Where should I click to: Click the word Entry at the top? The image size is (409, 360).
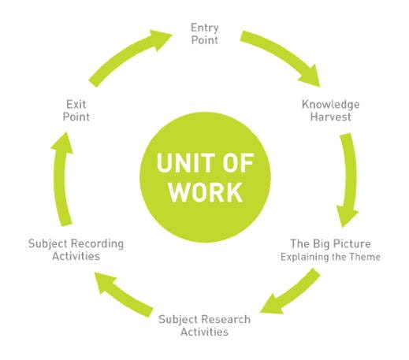[205, 28]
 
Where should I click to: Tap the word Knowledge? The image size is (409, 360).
[330, 105]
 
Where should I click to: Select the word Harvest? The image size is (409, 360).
[330, 117]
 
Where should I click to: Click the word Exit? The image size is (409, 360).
[76, 105]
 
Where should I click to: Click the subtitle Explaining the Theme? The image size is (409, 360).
[330, 257]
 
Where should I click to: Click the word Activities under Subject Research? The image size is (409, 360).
[204, 332]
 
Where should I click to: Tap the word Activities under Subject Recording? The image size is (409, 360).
[76, 256]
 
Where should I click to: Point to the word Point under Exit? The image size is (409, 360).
[76, 117]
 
